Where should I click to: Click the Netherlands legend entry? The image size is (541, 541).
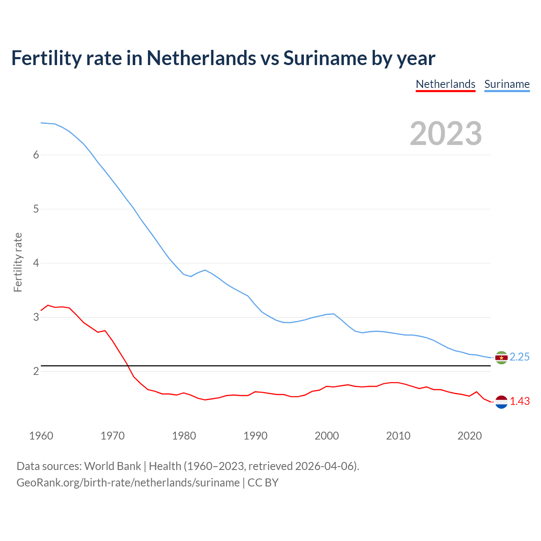tap(445, 84)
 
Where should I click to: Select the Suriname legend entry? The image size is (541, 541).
tap(507, 84)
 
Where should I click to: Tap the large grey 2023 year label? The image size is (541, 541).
tap(446, 134)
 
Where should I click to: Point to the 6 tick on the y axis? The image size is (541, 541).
tap(36, 155)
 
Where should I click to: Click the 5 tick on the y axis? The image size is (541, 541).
tap(36, 209)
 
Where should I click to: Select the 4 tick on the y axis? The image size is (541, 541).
tap(36, 263)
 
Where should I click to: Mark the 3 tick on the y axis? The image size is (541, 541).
tap(36, 317)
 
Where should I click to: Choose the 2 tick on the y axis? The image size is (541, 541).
tap(36, 372)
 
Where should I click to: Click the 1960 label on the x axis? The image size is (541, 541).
tap(41, 436)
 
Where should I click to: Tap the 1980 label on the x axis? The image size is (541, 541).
tap(184, 436)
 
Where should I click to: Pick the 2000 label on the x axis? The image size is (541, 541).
tap(327, 436)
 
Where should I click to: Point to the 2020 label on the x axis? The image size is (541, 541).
tap(470, 436)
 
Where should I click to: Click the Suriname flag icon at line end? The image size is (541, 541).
tap(501, 358)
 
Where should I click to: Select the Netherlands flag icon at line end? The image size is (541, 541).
tap(501, 402)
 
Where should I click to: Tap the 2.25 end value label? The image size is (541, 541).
tap(519, 357)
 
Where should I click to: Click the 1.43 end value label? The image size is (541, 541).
tap(519, 402)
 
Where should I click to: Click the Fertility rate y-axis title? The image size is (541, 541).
tap(18, 262)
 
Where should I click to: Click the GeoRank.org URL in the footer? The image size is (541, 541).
tap(128, 483)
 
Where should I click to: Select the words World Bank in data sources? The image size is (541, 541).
tap(112, 466)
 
